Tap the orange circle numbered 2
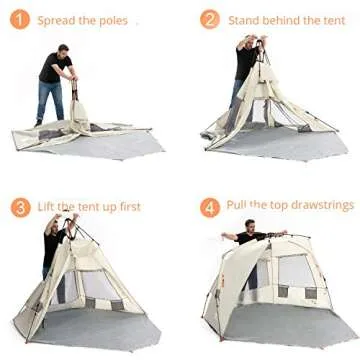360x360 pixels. tap(209, 20)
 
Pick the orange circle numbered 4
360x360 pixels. tap(209, 207)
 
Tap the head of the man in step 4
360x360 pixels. tap(251, 227)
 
